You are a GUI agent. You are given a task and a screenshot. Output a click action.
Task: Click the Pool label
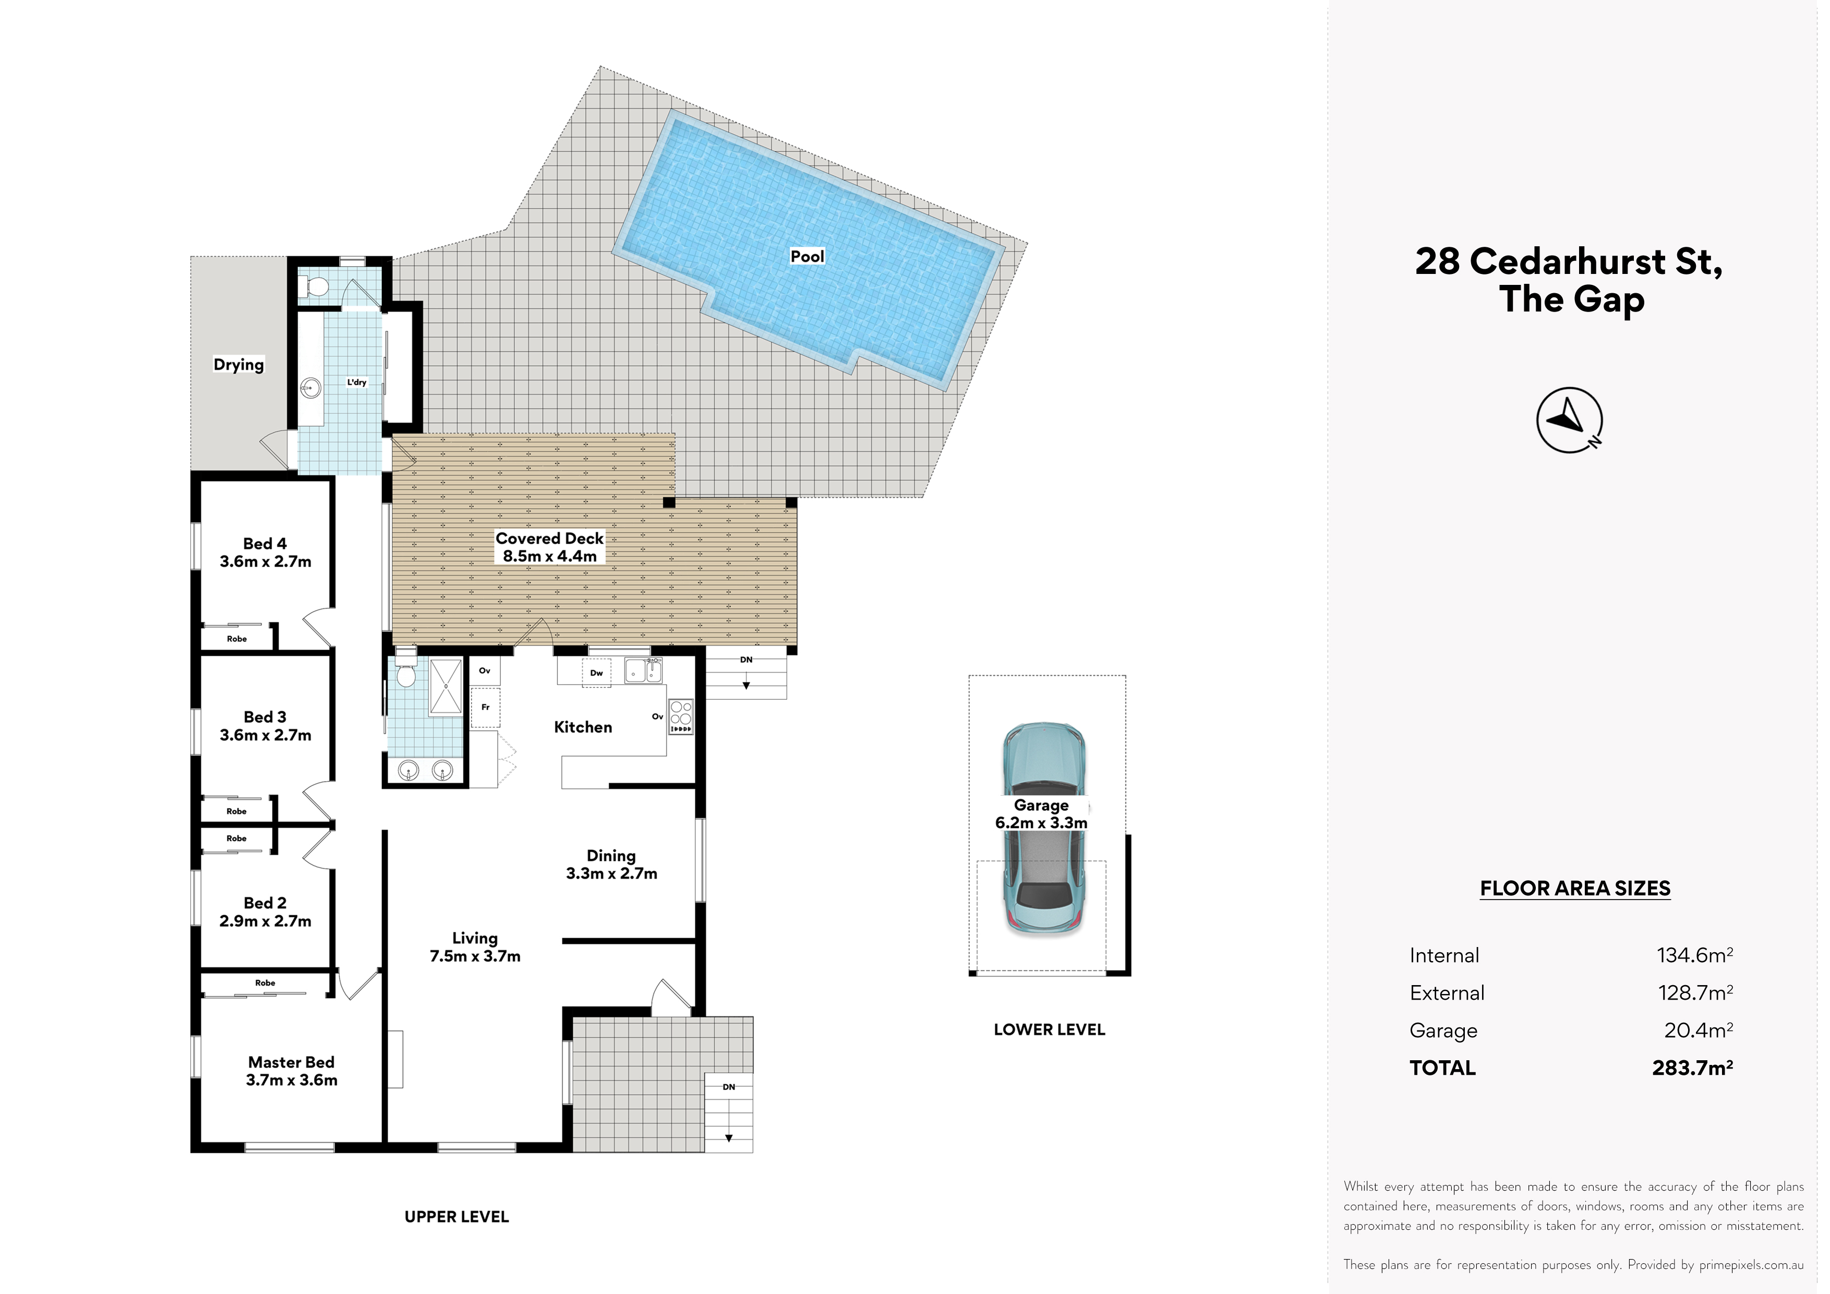coord(806,256)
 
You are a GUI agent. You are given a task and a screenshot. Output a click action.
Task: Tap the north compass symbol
coord(1569,420)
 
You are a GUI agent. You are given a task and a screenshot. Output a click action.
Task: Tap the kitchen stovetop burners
coord(681,717)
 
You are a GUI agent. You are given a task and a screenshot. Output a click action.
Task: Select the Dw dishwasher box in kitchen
coord(596,672)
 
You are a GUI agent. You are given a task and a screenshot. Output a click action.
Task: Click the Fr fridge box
coord(485,707)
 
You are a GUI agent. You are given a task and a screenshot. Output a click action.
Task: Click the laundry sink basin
coord(310,388)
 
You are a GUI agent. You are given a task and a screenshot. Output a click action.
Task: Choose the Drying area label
coord(238,364)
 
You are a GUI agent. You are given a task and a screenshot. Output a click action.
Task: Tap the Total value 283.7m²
coord(1692,1068)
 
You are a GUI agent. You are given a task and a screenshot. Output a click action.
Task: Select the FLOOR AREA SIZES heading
coord(1575,888)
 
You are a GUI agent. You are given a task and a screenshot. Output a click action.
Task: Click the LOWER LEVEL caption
coord(1049,1029)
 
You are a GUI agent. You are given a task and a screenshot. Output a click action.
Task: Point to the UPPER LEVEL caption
coord(456,1217)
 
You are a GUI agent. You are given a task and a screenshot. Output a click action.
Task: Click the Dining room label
coord(611,864)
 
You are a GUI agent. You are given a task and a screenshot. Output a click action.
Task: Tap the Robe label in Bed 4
coord(237,639)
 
